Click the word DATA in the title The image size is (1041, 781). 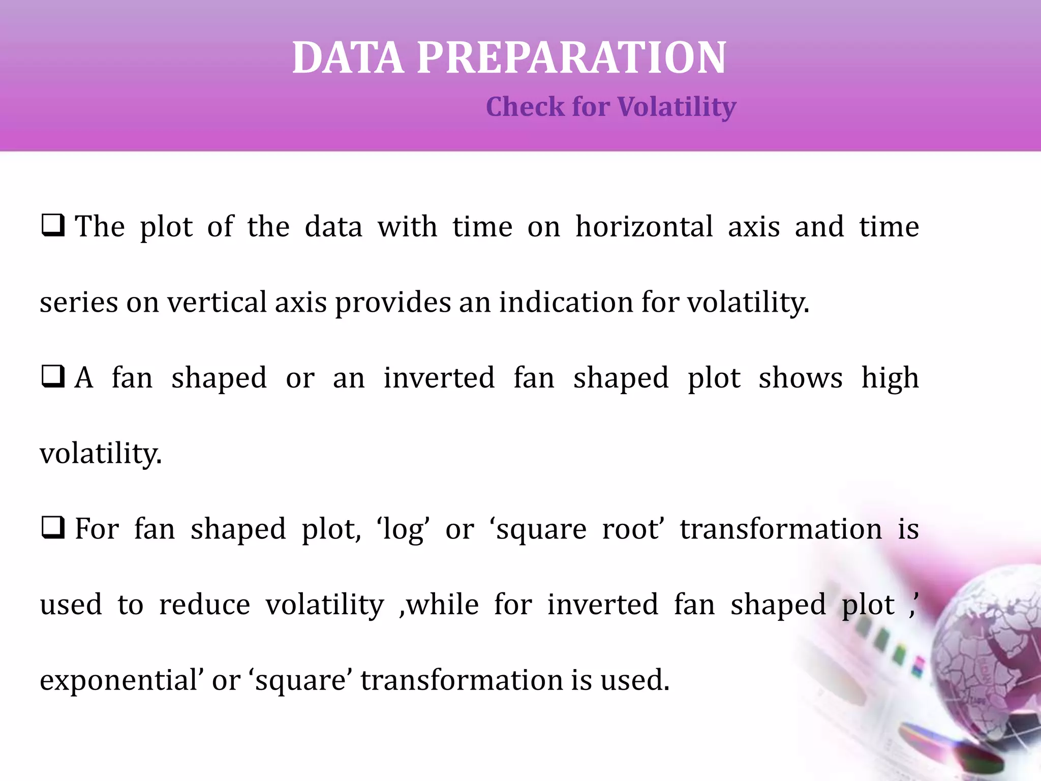348,58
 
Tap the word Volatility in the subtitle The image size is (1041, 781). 677,107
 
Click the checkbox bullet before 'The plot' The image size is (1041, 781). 53,225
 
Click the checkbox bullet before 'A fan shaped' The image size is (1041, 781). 53,376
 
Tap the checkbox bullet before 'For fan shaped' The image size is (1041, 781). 53,527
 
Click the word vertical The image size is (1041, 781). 217,302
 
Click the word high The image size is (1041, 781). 890,378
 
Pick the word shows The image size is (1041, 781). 801,378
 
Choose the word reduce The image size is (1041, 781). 204,605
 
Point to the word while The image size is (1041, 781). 443,605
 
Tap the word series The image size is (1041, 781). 79,302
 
